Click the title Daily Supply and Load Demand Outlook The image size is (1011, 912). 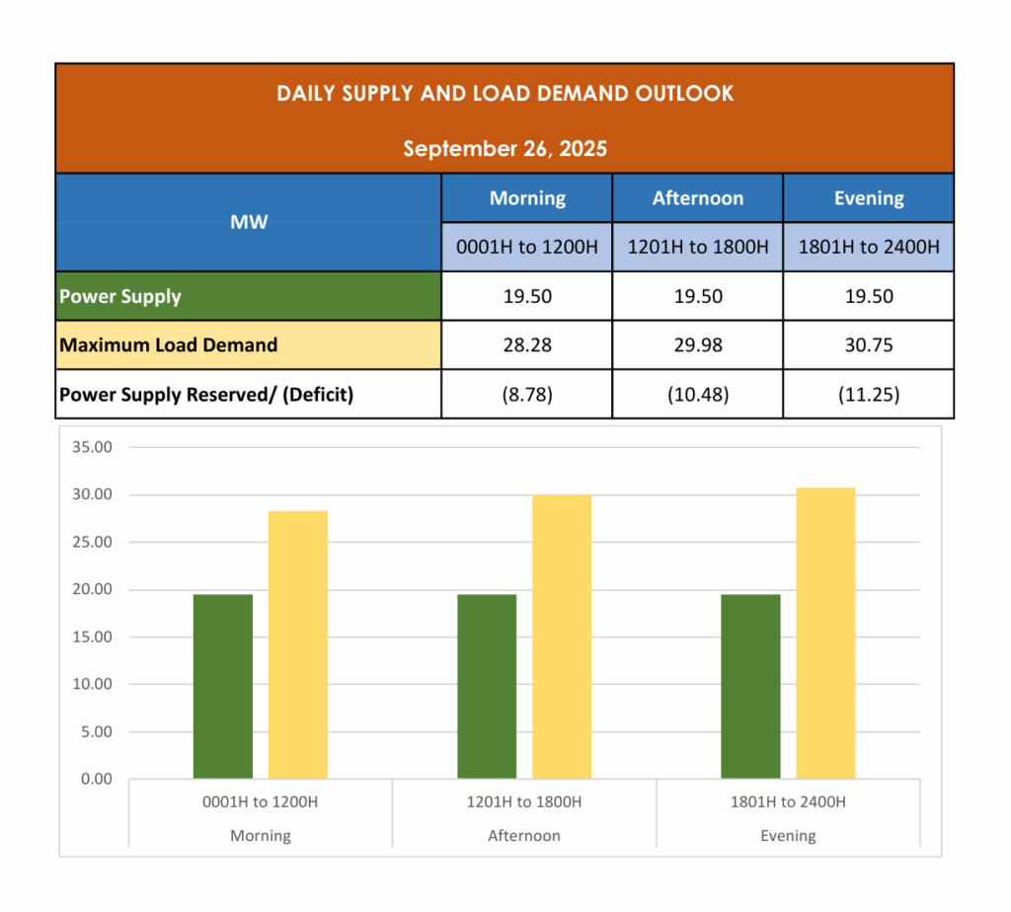click(x=505, y=94)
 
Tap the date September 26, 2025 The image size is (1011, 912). click(x=505, y=149)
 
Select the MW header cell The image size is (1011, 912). click(x=249, y=222)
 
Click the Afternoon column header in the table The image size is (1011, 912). click(x=697, y=198)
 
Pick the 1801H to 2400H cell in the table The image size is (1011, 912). click(x=868, y=247)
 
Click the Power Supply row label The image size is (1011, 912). click(x=120, y=296)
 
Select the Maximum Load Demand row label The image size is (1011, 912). click(x=168, y=345)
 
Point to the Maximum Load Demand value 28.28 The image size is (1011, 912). click(x=527, y=345)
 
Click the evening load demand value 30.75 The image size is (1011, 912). click(x=868, y=345)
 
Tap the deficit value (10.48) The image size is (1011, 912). click(x=697, y=395)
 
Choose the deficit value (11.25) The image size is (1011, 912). click(x=868, y=395)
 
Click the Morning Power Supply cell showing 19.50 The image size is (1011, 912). click(x=527, y=296)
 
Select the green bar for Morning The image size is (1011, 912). click(x=223, y=686)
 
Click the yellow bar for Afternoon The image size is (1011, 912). click(x=562, y=637)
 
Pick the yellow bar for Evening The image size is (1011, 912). click(x=825, y=633)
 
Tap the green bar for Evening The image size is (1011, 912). click(x=750, y=686)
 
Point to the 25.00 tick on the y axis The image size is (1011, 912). click(x=93, y=542)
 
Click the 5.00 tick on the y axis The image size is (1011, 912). click(x=96, y=731)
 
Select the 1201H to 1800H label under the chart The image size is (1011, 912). click(x=524, y=802)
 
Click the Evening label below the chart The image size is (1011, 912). click(x=788, y=836)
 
